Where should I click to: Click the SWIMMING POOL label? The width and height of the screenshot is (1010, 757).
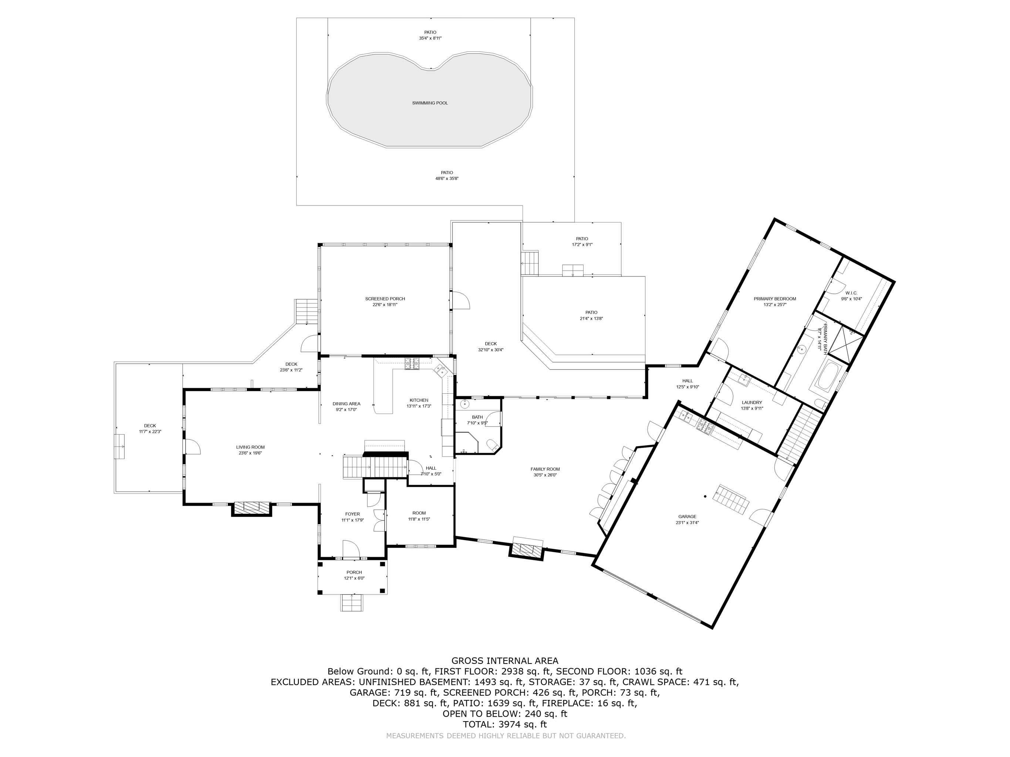tap(430, 103)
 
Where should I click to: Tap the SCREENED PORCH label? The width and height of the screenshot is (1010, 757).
tap(385, 299)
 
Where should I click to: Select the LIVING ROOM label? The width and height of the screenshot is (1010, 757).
tap(250, 447)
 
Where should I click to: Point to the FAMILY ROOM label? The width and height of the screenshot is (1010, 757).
tap(545, 469)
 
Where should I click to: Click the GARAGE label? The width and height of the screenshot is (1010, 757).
tap(687, 516)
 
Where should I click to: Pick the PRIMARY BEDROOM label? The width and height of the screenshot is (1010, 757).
tap(775, 299)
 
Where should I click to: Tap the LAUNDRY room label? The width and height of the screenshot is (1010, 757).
tap(751, 403)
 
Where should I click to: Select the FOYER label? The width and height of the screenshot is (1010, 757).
tap(352, 514)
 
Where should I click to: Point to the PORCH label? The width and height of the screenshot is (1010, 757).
tap(354, 572)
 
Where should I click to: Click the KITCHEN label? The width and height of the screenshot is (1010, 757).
tap(419, 400)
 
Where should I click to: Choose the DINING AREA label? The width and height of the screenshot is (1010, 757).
tap(346, 404)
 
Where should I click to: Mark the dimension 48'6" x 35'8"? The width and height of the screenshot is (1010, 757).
tap(446, 179)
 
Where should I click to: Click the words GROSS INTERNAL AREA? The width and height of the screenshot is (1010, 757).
tap(504, 661)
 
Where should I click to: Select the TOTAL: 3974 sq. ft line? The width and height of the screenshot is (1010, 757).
tap(504, 724)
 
